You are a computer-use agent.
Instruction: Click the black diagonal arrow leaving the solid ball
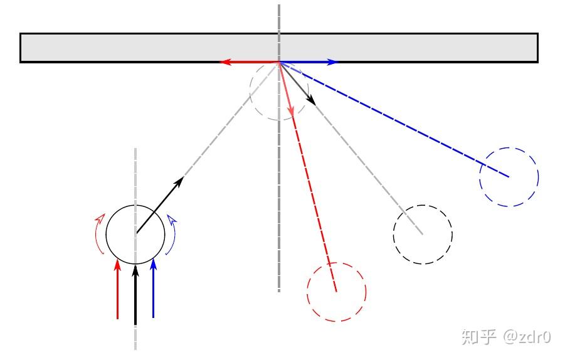[x=160, y=205]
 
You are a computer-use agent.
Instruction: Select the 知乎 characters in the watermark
[x=479, y=336]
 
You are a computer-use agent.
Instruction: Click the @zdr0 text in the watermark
[x=527, y=337]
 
